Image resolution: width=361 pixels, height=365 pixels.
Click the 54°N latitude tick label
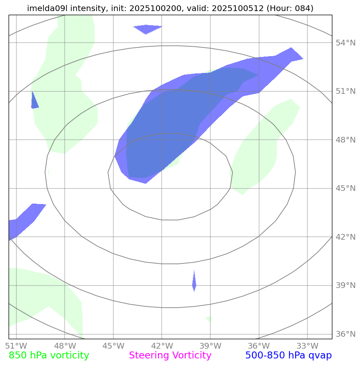[x=346, y=43]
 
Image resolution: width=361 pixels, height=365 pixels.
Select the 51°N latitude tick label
[x=346, y=91]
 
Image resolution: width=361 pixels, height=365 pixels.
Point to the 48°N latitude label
[x=346, y=140]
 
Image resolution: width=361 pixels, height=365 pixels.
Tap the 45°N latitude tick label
[x=346, y=188]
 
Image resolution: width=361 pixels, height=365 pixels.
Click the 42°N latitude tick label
[x=346, y=237]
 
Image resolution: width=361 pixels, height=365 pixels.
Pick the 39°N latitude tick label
[x=346, y=286]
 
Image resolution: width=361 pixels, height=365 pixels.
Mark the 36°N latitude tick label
[x=346, y=334]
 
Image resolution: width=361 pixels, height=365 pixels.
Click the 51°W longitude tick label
[x=16, y=345]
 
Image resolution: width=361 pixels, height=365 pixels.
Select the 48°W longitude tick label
[x=65, y=345]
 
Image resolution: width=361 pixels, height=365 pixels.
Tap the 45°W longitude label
[x=113, y=345]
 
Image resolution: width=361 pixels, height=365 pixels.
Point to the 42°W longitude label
[x=162, y=345]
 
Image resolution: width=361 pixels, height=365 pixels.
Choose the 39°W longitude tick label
[x=210, y=345]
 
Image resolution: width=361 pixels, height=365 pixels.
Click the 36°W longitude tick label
[x=259, y=345]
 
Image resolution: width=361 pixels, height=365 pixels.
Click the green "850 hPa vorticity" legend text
[x=49, y=356]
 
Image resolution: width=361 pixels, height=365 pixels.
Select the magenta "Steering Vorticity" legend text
[x=170, y=356]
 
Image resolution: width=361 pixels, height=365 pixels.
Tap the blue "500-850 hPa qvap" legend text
[x=288, y=356]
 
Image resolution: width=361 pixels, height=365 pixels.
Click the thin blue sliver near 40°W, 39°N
[x=194, y=281]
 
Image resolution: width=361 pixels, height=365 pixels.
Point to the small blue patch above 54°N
[x=147, y=29]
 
